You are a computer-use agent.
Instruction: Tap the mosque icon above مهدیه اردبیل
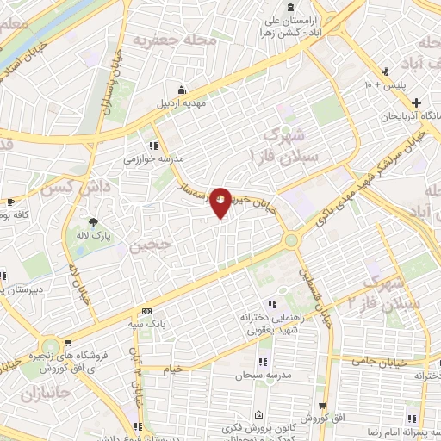coord(182,90)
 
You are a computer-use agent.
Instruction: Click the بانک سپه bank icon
coord(147,312)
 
